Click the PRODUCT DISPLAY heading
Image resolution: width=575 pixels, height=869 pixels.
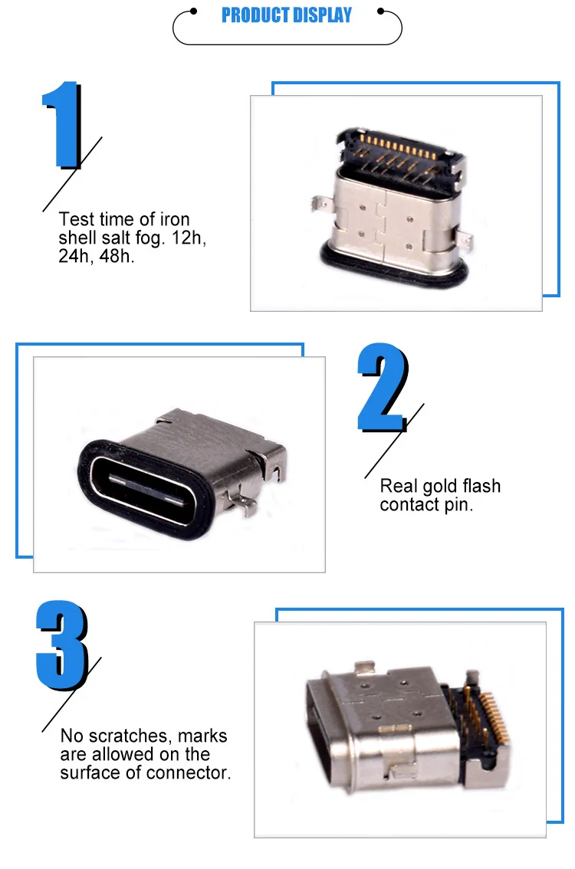pyautogui.click(x=287, y=15)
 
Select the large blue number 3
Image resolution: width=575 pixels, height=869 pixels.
pyautogui.click(x=63, y=645)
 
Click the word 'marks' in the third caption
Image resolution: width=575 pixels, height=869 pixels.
pyautogui.click(x=203, y=736)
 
